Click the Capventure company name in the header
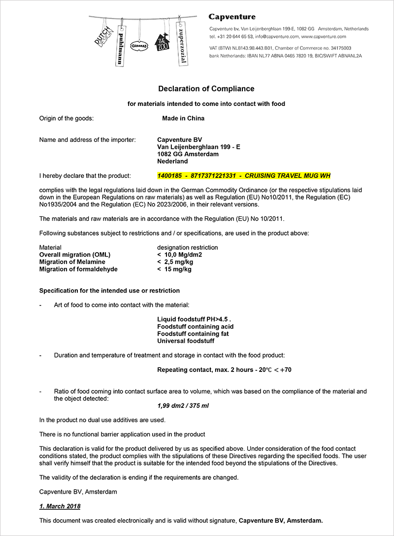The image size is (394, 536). [x=232, y=17]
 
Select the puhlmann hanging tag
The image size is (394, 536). [x=119, y=44]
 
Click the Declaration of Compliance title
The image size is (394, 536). [x=206, y=89]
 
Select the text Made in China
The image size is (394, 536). [x=183, y=118]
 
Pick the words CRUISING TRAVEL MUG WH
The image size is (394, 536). [x=288, y=176]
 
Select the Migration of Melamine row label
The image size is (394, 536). [x=72, y=262]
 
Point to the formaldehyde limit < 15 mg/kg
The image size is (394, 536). [x=174, y=269]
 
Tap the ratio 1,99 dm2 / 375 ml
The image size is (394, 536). [x=182, y=406]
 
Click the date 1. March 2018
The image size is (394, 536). [x=60, y=506]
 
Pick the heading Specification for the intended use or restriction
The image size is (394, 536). [x=109, y=291]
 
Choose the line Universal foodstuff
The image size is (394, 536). [x=186, y=341]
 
